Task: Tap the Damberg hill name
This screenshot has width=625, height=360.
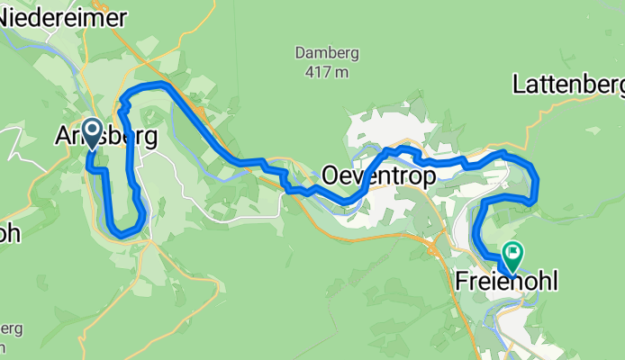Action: (322, 52)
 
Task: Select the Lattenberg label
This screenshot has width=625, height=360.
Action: (567, 85)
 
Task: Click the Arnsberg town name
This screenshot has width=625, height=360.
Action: (106, 138)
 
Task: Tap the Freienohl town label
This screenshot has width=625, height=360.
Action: (505, 281)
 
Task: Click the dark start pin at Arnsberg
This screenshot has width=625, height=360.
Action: (92, 133)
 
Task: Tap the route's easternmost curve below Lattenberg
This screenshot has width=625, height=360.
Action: (536, 184)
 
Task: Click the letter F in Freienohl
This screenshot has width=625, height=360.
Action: (461, 281)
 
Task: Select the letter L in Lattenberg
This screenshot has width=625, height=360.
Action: (519, 85)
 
